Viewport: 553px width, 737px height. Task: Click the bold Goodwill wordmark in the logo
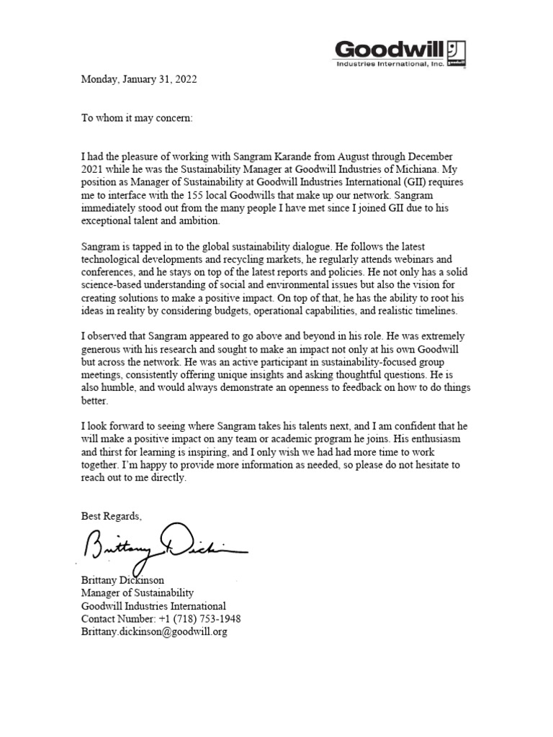click(389, 49)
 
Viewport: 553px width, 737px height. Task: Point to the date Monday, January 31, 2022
click(139, 79)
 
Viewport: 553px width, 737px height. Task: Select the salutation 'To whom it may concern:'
click(137, 117)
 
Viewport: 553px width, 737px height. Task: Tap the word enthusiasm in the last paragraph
click(440, 439)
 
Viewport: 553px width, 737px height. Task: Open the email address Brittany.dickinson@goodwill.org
click(154, 632)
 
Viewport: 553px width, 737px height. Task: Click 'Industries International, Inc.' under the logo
click(389, 64)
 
